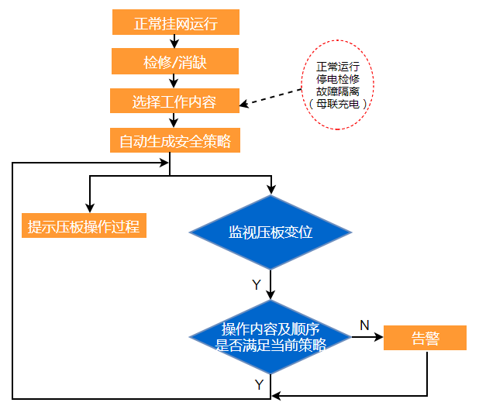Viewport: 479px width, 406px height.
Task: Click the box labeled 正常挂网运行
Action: (175, 23)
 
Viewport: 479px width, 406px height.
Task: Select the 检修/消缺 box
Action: (175, 62)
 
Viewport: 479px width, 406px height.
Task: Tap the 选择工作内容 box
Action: (174, 101)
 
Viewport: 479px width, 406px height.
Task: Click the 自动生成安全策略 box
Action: (174, 141)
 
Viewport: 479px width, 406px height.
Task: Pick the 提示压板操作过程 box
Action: (84, 226)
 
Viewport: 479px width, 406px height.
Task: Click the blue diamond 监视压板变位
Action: (271, 232)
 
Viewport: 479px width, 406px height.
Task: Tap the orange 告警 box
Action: (425, 338)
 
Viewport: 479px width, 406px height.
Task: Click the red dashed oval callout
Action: (337, 84)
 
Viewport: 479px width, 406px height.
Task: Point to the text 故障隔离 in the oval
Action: (337, 91)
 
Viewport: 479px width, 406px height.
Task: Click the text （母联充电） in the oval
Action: (337, 103)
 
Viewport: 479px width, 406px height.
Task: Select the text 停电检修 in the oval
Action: (337, 78)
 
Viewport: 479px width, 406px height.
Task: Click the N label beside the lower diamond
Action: (364, 325)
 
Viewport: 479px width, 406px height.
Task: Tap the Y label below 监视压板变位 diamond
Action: (256, 285)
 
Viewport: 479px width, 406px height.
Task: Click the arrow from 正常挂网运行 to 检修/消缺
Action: (175, 42)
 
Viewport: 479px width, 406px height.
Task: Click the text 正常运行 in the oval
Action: (337, 66)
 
